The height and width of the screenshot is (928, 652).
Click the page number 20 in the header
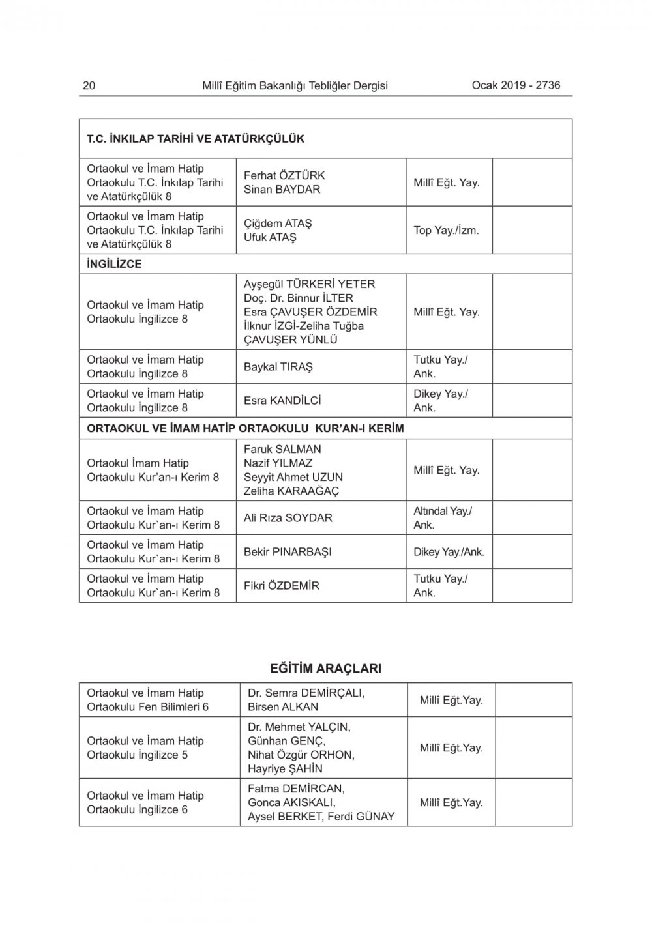pyautogui.click(x=89, y=85)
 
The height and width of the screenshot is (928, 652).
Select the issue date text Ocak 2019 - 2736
pyautogui.click(x=516, y=85)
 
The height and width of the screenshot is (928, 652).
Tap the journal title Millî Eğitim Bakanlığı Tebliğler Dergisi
pyautogui.click(x=295, y=85)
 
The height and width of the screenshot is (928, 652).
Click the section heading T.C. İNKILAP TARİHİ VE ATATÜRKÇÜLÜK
pyautogui.click(x=196, y=139)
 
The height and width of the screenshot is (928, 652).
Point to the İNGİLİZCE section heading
pyautogui.click(x=114, y=264)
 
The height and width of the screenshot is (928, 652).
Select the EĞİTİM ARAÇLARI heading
pyautogui.click(x=325, y=669)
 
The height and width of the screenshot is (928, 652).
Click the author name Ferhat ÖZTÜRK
pyautogui.click(x=284, y=175)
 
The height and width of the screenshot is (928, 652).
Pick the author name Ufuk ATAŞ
pyautogui.click(x=270, y=237)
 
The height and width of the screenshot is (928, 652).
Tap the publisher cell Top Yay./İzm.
pyautogui.click(x=446, y=230)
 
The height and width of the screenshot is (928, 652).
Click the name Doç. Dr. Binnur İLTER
pyautogui.click(x=298, y=298)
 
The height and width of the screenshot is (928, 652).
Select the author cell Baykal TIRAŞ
pyautogui.click(x=278, y=367)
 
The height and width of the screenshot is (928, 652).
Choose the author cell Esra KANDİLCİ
pyautogui.click(x=282, y=401)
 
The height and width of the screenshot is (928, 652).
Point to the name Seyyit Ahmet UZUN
pyautogui.click(x=293, y=477)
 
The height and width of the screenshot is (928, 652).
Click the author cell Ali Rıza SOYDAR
pyautogui.click(x=288, y=518)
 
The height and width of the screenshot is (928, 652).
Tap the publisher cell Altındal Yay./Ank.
pyautogui.click(x=443, y=518)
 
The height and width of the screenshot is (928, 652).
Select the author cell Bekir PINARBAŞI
pyautogui.click(x=288, y=552)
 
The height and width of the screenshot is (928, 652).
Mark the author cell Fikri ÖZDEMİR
pyautogui.click(x=282, y=586)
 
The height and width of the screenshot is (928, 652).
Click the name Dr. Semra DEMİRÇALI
pyautogui.click(x=306, y=693)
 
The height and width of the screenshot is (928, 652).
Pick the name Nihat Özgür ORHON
pyautogui.click(x=301, y=755)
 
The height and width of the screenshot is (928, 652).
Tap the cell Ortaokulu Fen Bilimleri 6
pyautogui.click(x=147, y=707)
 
